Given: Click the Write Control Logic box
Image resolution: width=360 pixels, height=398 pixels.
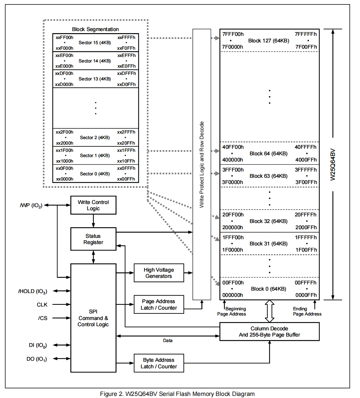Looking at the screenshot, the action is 93,205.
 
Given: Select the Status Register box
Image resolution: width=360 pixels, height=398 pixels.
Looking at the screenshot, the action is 93,239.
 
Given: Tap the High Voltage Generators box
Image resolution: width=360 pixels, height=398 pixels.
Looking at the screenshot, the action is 159,273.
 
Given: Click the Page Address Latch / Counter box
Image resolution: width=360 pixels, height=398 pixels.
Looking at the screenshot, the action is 159,304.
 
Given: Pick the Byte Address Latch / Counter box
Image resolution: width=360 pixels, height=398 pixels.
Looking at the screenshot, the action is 159,363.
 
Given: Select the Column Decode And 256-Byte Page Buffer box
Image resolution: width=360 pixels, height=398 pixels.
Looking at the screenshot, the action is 269,331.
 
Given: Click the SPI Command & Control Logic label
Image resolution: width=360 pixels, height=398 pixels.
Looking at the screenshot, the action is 93,318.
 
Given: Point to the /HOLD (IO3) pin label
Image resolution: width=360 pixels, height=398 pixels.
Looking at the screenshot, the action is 33,291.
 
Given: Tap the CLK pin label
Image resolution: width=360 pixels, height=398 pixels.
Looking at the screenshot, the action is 42,304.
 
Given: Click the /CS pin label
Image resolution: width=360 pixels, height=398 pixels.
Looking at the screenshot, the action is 43,318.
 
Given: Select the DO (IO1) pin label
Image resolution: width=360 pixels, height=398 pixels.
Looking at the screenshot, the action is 37,359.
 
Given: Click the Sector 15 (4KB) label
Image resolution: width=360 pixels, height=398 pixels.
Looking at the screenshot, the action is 94,43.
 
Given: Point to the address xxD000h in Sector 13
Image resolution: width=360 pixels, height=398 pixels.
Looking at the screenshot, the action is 64,84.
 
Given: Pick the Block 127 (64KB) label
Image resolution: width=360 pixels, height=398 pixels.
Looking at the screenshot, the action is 269,41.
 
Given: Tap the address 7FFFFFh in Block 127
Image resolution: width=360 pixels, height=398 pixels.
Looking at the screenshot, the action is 306,34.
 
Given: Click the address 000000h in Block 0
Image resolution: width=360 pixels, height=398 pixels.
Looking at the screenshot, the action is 232,295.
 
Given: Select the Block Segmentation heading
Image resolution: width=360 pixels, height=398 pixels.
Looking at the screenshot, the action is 95,29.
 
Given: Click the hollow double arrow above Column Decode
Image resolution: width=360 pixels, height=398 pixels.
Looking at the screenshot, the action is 270,311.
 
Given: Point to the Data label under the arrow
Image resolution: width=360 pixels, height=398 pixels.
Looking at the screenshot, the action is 168,340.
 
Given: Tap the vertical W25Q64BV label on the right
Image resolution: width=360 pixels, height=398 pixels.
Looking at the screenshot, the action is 333,164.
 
